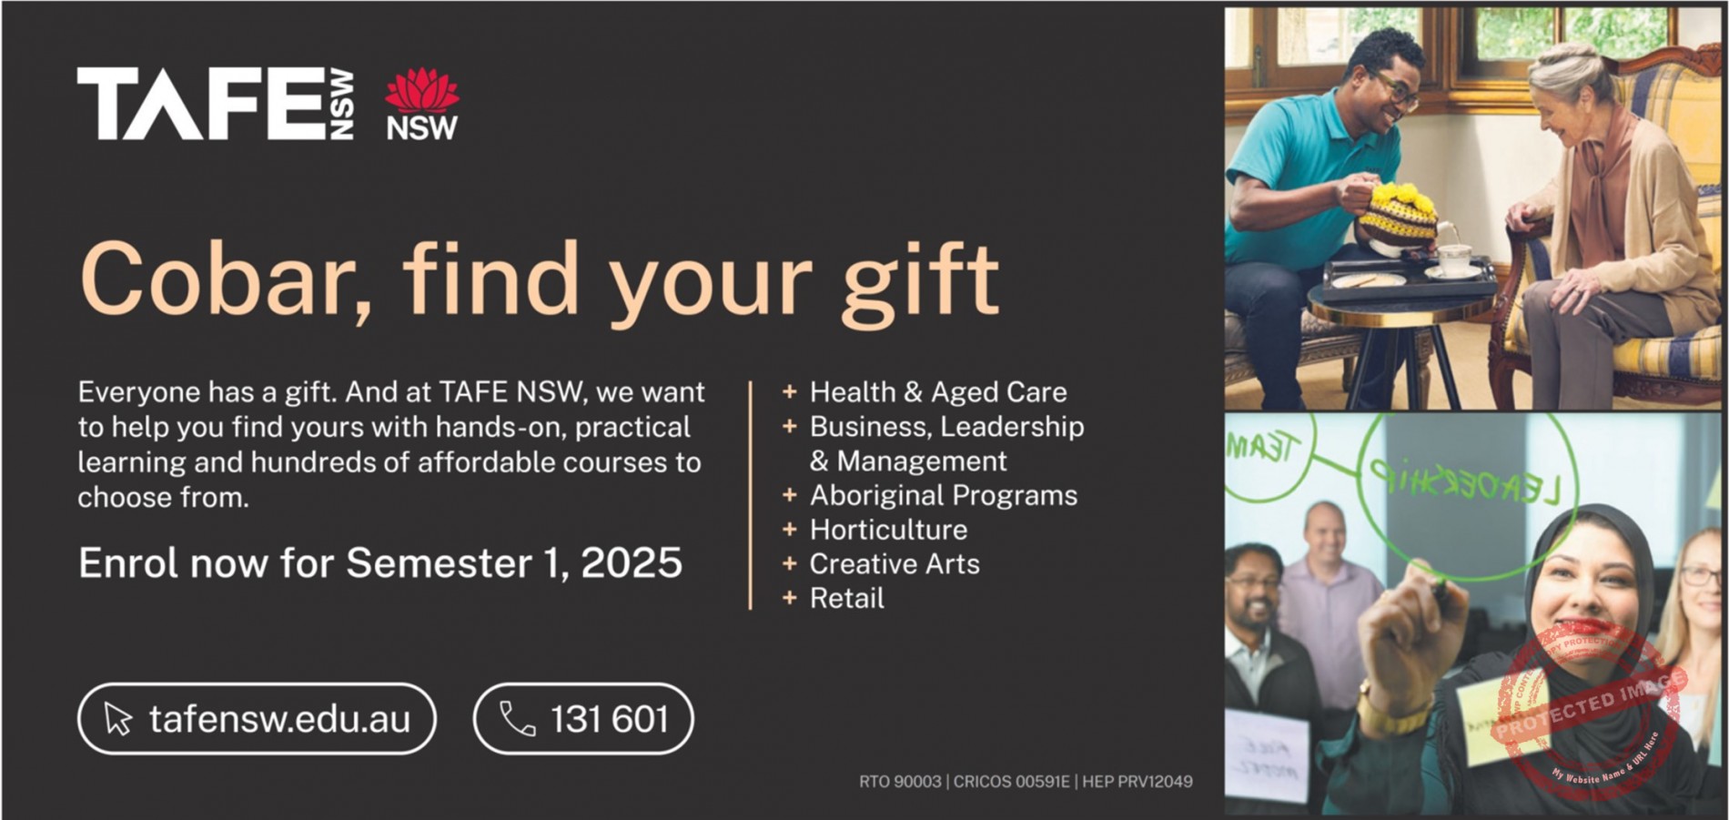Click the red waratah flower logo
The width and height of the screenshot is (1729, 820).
[x=421, y=90]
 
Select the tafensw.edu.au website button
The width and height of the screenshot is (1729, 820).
[x=257, y=719]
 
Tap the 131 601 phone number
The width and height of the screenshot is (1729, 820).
[x=609, y=720]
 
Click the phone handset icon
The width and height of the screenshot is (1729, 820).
[x=517, y=719]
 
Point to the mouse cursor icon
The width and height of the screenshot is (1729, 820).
[x=117, y=719]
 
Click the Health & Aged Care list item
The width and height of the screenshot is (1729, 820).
[x=937, y=392]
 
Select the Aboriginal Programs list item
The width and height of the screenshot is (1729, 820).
[x=943, y=495]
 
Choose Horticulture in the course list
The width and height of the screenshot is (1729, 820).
[x=888, y=530]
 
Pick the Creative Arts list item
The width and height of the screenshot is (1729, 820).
[x=895, y=564]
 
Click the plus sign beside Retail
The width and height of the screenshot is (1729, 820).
[x=789, y=598]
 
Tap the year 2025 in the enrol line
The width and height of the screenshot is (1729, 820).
[x=631, y=563]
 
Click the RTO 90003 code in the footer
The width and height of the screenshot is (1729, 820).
[x=899, y=782]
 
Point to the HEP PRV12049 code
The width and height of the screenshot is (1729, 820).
[x=1137, y=782]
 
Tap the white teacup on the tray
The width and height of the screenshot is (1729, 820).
[x=1453, y=258]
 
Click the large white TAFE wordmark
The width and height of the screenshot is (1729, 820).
[x=202, y=104]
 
